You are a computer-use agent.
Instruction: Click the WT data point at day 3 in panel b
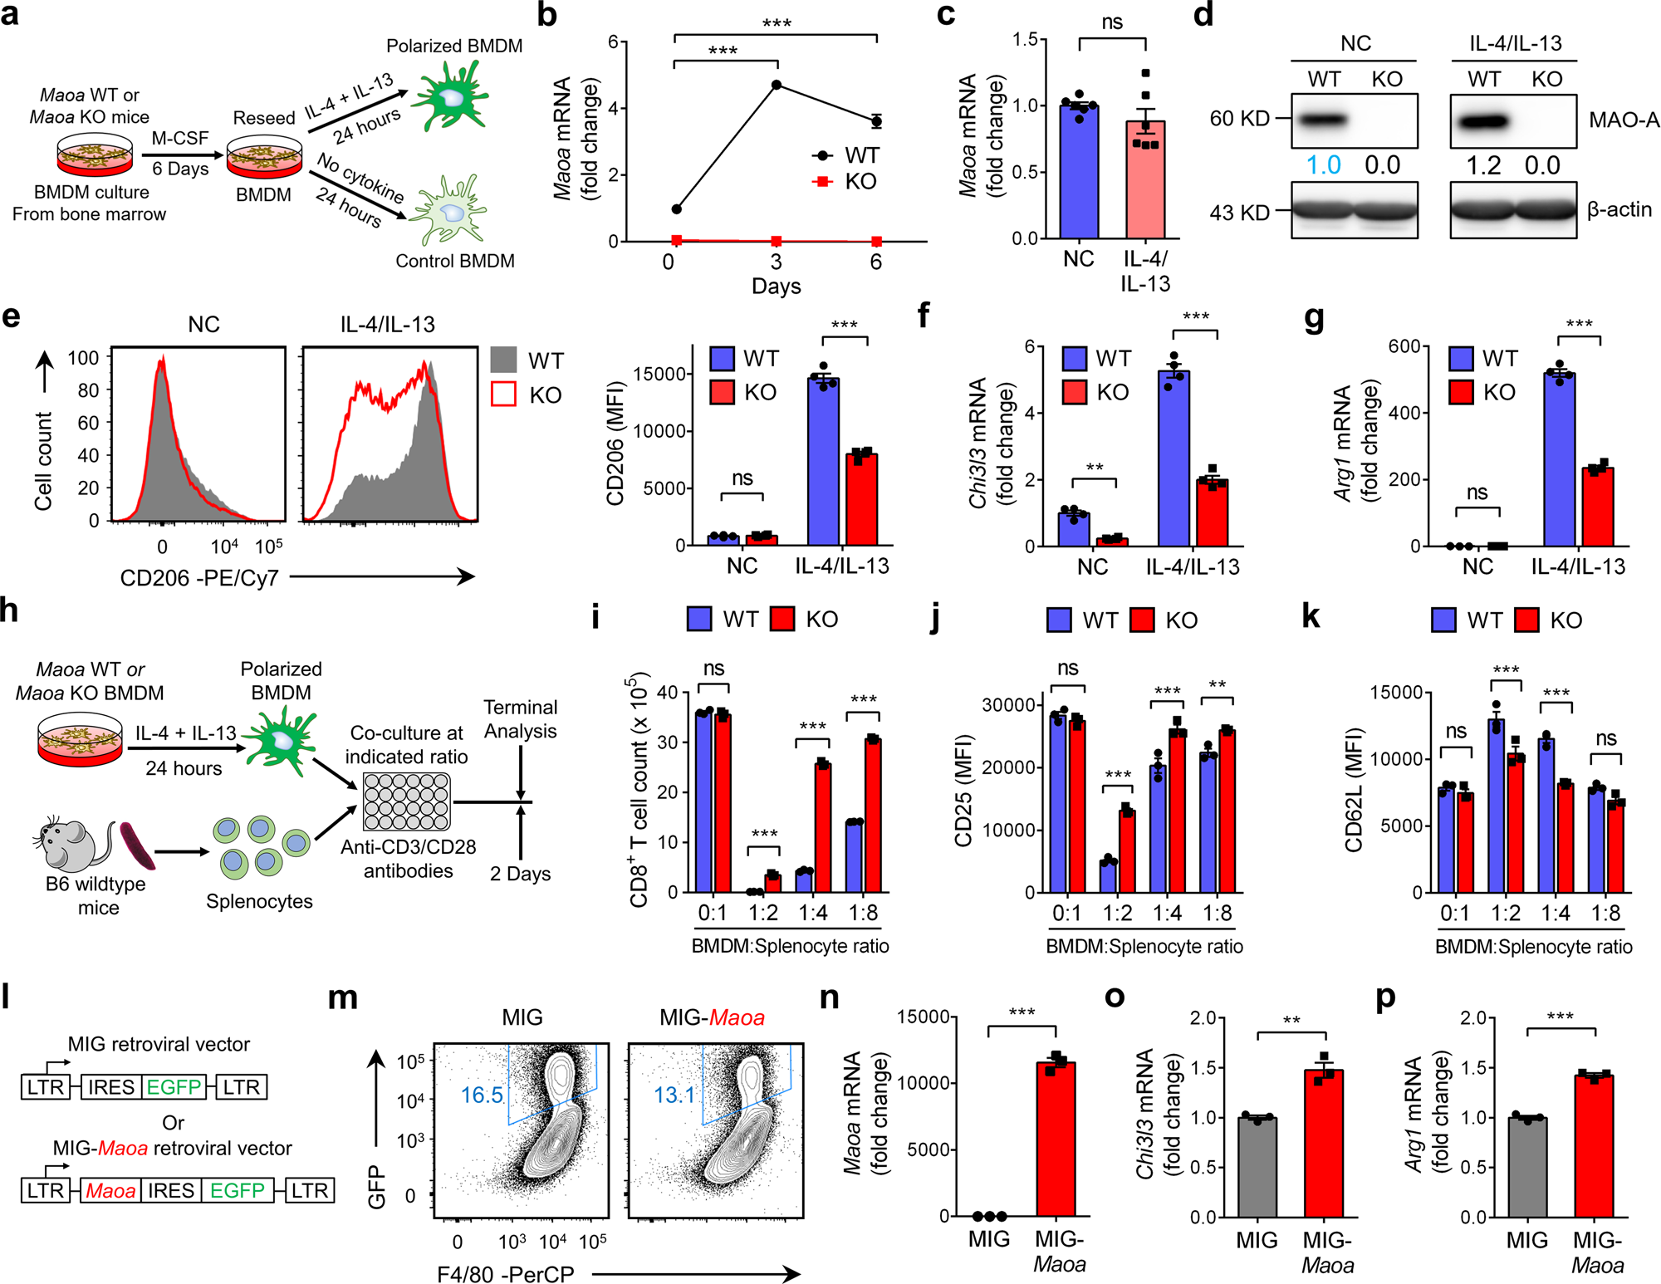click(x=777, y=85)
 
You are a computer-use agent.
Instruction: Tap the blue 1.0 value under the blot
click(x=1323, y=165)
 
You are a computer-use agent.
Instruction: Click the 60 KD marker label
click(x=1239, y=119)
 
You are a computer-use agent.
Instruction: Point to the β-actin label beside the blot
click(x=1619, y=209)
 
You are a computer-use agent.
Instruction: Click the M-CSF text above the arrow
click(x=179, y=138)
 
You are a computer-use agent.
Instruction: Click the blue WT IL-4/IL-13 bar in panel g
click(x=1559, y=461)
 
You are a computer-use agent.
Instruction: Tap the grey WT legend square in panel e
click(x=504, y=360)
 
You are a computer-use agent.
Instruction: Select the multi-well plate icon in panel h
click(x=407, y=801)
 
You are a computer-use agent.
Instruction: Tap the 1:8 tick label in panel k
click(x=1605, y=914)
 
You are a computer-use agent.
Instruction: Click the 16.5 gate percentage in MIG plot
click(x=482, y=1095)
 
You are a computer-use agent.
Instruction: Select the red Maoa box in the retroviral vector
click(x=110, y=1190)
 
